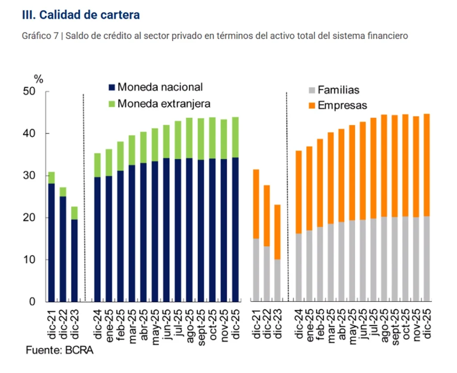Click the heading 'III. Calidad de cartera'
point(81,15)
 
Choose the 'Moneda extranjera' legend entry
point(159,104)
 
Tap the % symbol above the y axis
point(39,80)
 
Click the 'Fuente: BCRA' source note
point(59,350)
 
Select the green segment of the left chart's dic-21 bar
point(52,178)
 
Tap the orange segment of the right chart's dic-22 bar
point(267,216)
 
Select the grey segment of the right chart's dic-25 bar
point(426,259)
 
